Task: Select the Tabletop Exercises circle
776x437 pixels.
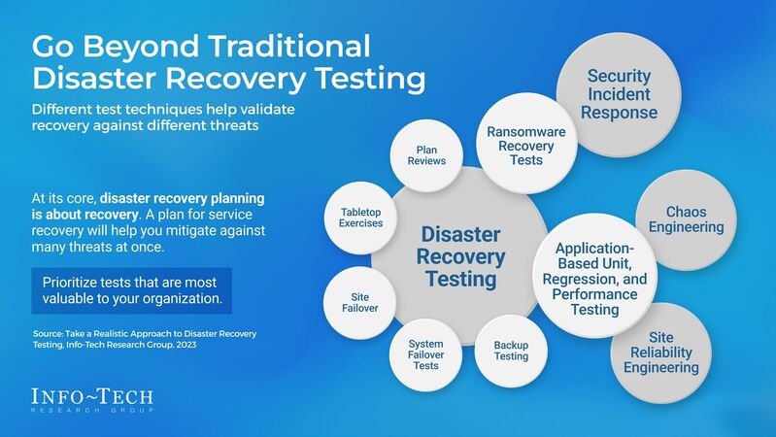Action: [361, 217]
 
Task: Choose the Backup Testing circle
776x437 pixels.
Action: [511, 350]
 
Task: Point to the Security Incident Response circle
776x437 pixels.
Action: [619, 93]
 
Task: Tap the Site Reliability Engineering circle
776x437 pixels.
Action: [660, 353]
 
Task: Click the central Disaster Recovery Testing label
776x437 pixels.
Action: [462, 257]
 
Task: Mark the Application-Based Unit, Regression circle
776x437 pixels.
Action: [595, 279]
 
